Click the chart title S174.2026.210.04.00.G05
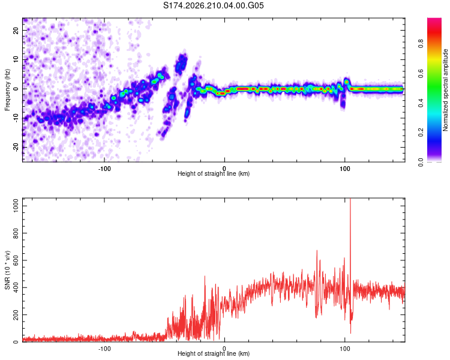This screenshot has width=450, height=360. [x=213, y=5]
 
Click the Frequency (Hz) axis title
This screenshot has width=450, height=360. [x=7, y=90]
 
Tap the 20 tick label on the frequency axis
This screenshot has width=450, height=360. [x=16, y=31]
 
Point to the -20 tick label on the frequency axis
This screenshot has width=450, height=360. [x=16, y=147]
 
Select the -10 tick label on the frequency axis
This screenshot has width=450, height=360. [x=16, y=118]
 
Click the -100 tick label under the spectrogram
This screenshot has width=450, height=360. [x=104, y=169]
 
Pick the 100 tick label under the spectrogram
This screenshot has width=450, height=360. [x=345, y=169]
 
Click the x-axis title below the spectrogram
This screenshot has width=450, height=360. [x=214, y=173]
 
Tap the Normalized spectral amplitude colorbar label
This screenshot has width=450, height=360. [x=445, y=90]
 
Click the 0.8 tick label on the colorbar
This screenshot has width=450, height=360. [x=421, y=44]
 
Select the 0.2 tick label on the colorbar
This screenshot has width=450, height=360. [x=421, y=133]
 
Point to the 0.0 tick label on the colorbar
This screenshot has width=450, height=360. [x=421, y=162]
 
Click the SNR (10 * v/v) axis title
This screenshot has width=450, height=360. [x=7, y=270]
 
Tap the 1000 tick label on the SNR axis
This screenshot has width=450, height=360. [x=16, y=206]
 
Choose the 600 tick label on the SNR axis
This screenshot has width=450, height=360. [x=16, y=260]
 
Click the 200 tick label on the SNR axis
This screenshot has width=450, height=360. [x=16, y=314]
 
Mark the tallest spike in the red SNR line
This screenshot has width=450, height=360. [x=350, y=199]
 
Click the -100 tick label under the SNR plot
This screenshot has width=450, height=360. [x=104, y=349]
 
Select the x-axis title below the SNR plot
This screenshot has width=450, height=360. [x=214, y=353]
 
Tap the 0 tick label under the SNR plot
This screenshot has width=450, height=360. [x=224, y=349]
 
